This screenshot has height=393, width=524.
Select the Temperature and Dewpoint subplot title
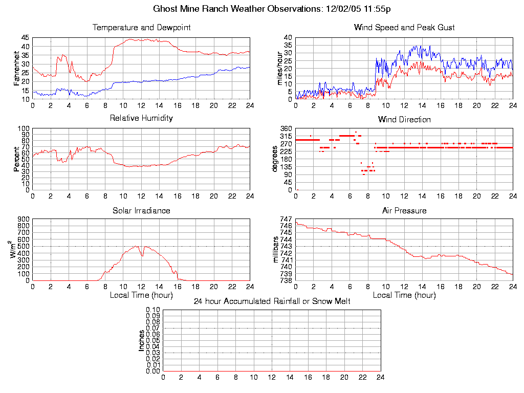141,27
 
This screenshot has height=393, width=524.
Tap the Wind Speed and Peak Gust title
404,27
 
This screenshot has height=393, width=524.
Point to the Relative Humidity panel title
141,118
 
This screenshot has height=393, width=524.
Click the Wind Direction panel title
404,119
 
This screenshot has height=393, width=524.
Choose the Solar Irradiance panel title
141,210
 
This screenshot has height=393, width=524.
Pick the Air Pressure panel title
404,210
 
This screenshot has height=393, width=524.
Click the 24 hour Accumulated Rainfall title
272,301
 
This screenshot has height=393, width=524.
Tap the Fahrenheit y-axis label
16,68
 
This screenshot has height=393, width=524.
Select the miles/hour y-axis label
280,68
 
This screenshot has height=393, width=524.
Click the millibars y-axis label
276,250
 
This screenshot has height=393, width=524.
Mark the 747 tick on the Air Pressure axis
286,219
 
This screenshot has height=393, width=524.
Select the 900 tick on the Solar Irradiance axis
24,219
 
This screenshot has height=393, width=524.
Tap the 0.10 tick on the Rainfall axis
153,310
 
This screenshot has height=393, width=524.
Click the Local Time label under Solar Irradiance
141,295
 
